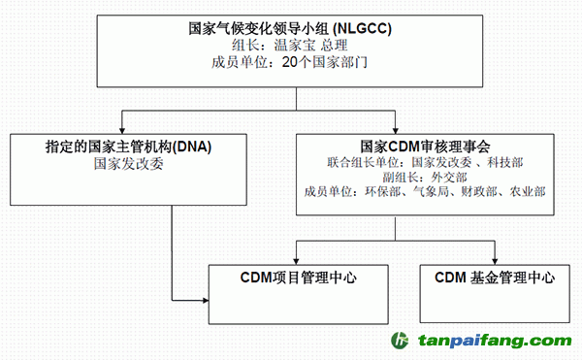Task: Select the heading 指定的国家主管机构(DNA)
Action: [128, 147]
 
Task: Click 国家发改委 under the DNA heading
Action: [128, 164]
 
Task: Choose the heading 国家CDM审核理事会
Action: [425, 146]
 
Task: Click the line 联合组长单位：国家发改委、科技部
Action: [425, 161]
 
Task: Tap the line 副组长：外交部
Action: [425, 177]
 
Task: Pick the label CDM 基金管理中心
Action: [494, 277]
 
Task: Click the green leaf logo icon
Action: [400, 341]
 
